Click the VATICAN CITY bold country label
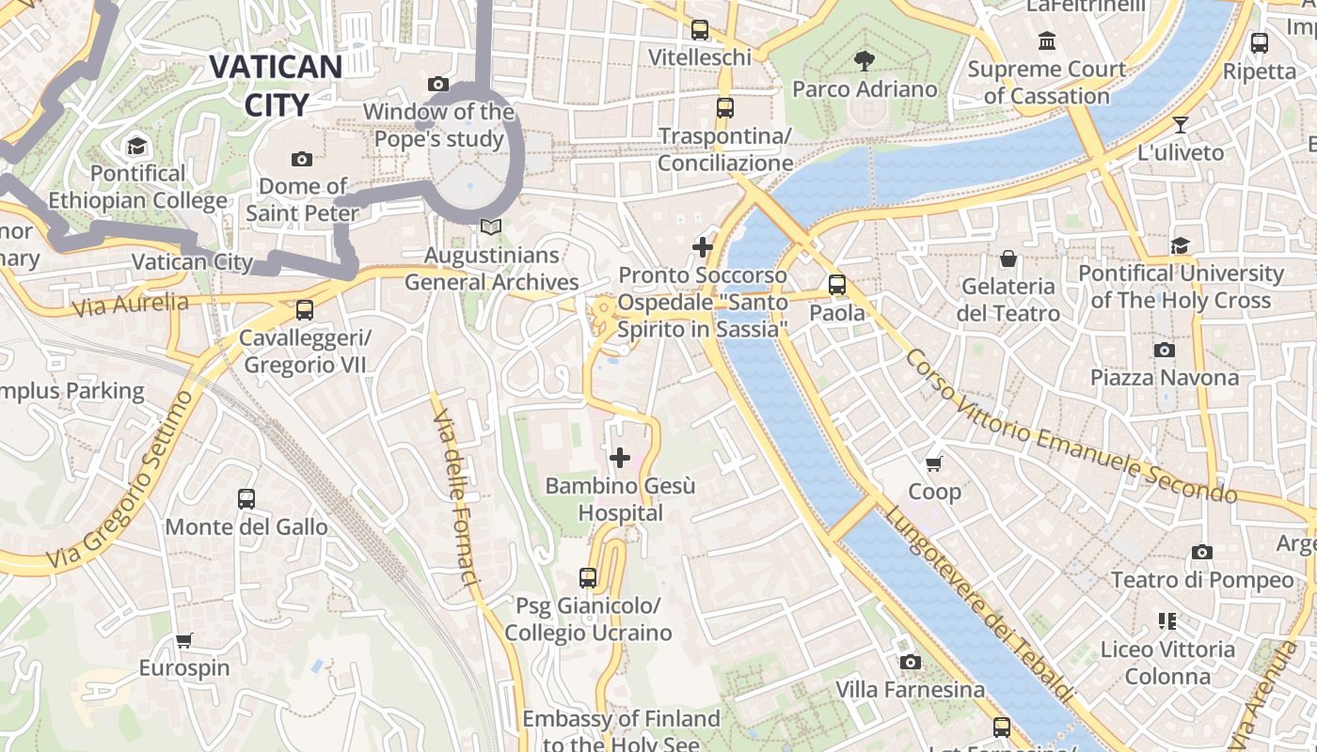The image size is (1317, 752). pos(276,85)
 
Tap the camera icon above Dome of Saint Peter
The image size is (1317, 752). pos(302,159)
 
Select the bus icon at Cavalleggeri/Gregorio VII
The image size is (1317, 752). pos(304,309)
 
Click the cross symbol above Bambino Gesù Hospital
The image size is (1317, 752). pos(620,458)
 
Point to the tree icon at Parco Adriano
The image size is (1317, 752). pos(864,62)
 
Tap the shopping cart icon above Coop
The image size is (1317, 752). pos(934,463)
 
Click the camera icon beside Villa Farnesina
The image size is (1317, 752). pos(910,663)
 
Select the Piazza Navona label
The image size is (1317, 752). pos(1164,377)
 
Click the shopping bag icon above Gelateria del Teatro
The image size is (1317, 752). pos(1008,258)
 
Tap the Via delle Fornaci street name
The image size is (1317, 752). pos(456,489)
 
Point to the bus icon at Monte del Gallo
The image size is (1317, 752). pos(246,499)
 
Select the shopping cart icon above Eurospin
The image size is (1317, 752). pos(184,641)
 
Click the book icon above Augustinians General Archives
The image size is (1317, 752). pos(490,227)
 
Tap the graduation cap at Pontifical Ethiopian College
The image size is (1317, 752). pos(137,146)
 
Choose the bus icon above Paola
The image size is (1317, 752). pos(837,285)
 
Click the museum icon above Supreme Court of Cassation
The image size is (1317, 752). pos(1046,41)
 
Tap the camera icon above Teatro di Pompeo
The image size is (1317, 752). pos(1201,553)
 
